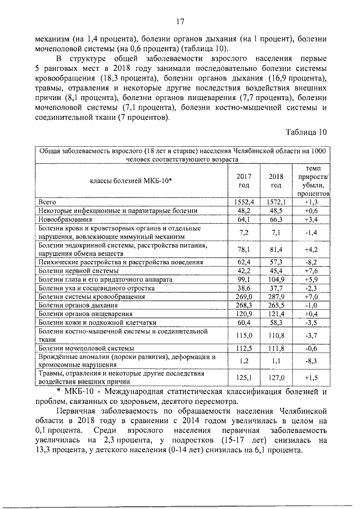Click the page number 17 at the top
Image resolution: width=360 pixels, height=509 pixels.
(x=180, y=22)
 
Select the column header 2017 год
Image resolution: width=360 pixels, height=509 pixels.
(x=244, y=180)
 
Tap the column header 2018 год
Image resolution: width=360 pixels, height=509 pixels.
(x=276, y=180)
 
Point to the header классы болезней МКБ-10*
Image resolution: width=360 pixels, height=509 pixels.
(x=130, y=180)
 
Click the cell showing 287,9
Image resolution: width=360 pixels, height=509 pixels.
(x=276, y=296)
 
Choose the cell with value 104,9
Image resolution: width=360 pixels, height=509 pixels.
(x=276, y=279)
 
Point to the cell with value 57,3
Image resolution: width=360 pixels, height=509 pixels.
(x=276, y=262)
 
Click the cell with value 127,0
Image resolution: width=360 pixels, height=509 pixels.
(x=276, y=377)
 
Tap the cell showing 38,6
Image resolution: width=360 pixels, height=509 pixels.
(x=244, y=287)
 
